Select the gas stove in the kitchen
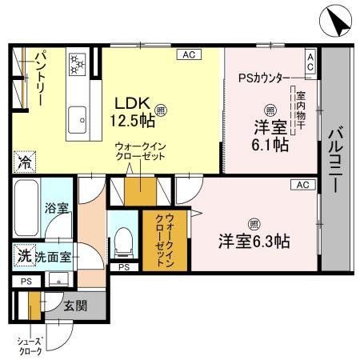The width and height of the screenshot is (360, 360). coord(78,62)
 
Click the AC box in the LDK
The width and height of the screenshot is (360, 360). coord(188,54)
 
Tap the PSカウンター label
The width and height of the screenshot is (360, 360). coord(264,78)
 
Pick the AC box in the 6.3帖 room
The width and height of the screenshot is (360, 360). coord(302,185)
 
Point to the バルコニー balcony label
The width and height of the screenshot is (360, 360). coord(337,160)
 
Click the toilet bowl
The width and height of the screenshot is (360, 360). coord(122,238)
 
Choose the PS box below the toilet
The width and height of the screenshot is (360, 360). coord(122,267)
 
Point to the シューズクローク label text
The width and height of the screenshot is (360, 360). coord(30,346)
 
